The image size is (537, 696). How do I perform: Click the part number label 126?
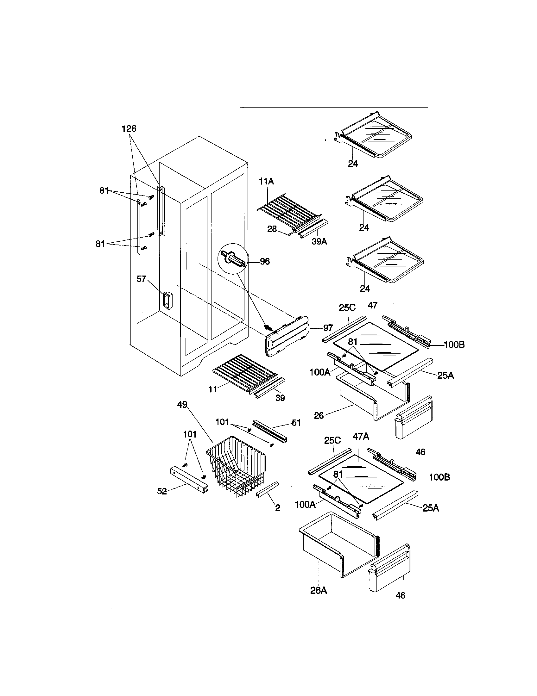(129, 129)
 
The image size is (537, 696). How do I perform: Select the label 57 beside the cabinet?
(141, 279)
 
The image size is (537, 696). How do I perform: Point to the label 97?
(328, 328)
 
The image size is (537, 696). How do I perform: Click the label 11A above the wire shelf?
(266, 181)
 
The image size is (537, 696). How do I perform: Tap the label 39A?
(319, 242)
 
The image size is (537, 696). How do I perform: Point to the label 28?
(272, 229)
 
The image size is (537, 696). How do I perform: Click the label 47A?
(361, 436)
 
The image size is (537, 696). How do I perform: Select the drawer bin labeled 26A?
(338, 549)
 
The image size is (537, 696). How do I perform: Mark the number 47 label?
(372, 305)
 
